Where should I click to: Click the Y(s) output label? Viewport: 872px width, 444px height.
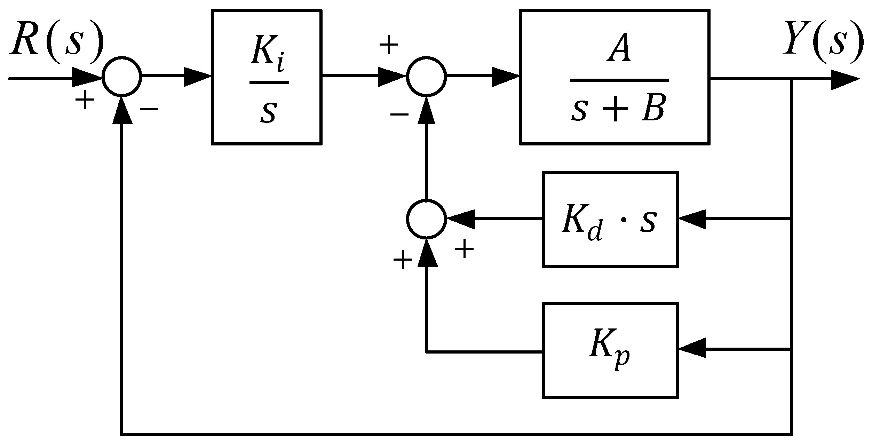(x=823, y=42)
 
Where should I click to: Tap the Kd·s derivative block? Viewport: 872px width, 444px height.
(x=610, y=220)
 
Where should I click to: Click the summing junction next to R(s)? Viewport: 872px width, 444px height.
(x=122, y=76)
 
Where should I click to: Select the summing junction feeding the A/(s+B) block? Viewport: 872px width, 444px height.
(x=426, y=76)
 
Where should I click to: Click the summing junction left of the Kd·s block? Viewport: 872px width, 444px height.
(x=426, y=219)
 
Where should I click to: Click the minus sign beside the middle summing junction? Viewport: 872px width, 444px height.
(x=399, y=114)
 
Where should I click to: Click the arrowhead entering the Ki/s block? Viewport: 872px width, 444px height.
(x=197, y=77)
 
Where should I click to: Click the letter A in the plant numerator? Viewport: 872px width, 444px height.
(x=619, y=50)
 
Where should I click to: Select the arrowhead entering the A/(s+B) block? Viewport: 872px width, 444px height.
(x=505, y=77)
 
